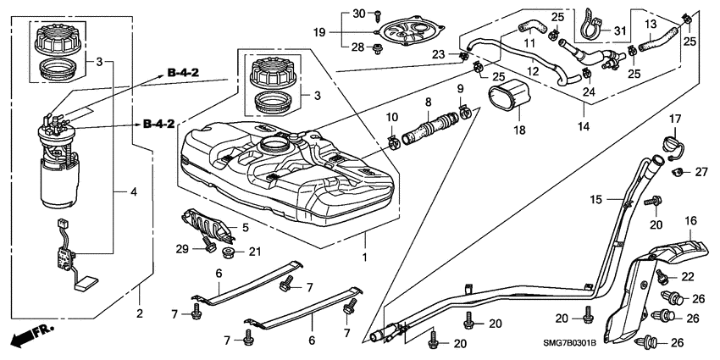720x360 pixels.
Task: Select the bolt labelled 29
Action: [x=208, y=247]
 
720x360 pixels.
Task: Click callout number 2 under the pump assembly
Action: [x=140, y=313]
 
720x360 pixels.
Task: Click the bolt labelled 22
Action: [x=662, y=275]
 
